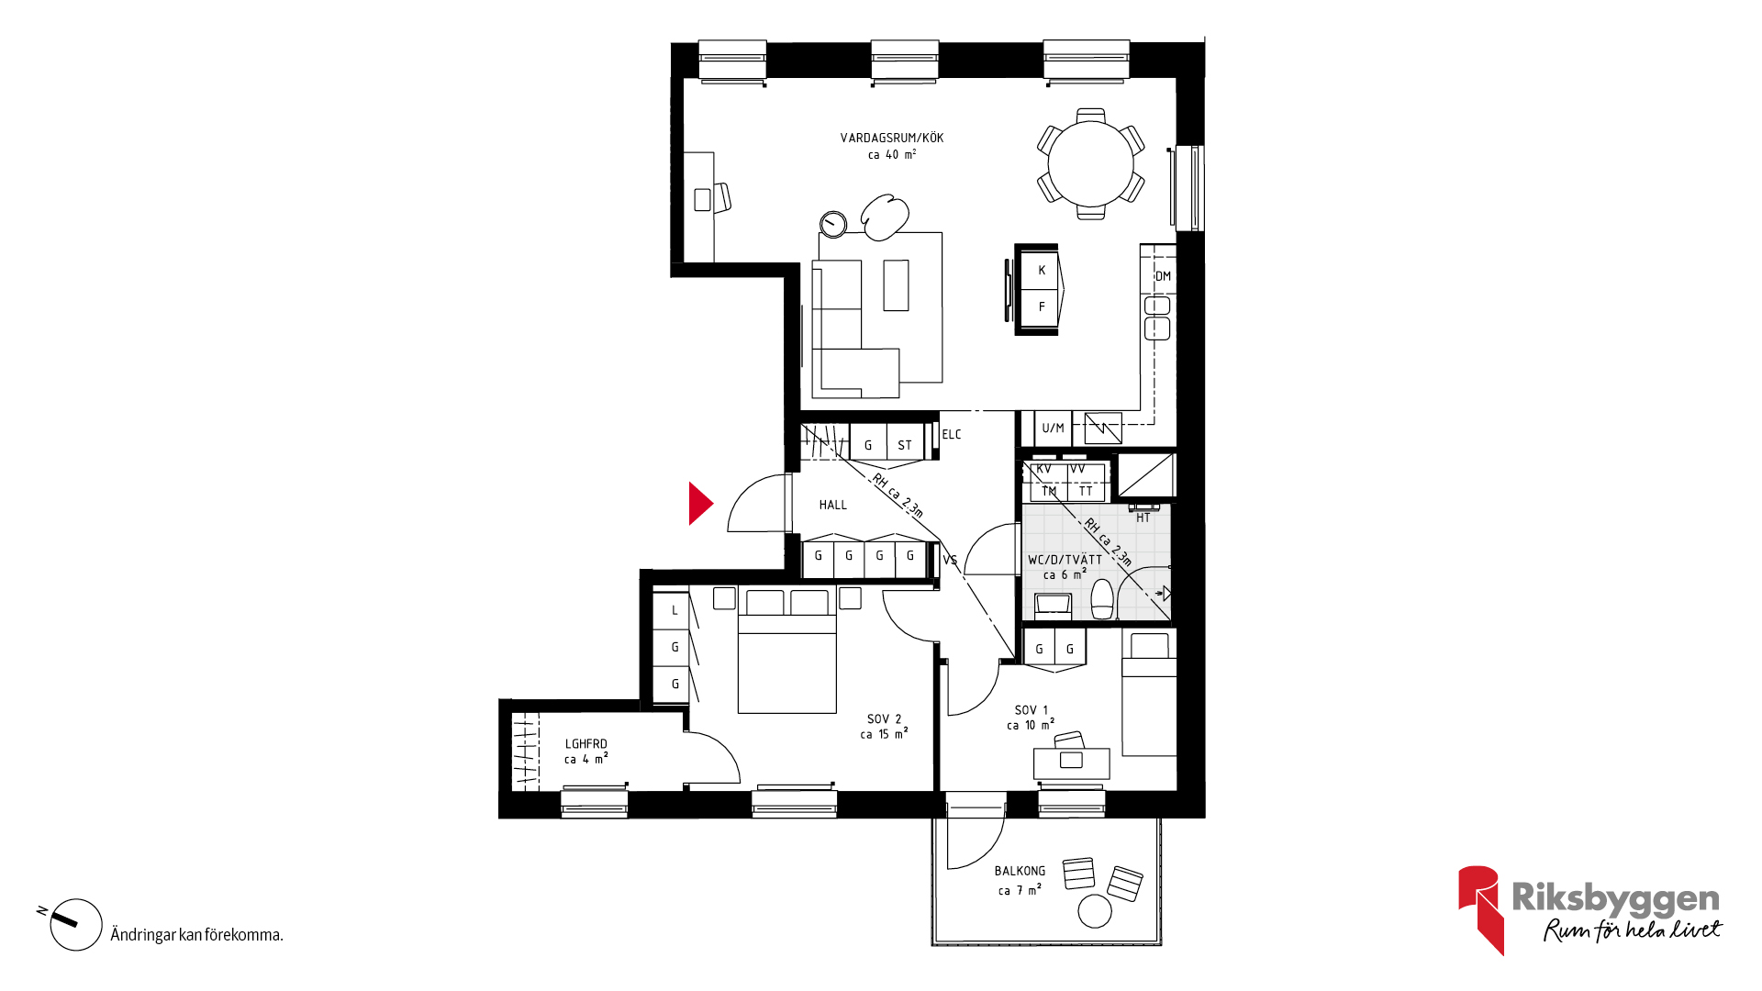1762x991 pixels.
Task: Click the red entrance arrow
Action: pos(700,504)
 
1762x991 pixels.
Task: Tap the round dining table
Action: pos(1091,164)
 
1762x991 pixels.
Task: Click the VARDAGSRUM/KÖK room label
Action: pos(892,139)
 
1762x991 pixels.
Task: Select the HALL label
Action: pos(833,505)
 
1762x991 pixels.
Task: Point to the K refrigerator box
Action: pos(1041,270)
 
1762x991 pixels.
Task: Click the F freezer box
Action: pos(1041,307)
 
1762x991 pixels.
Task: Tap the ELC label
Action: pos(952,435)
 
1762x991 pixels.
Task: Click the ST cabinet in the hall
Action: pos(906,442)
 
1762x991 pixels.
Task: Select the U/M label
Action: pos(1053,429)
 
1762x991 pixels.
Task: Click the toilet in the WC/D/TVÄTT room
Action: pos(1102,599)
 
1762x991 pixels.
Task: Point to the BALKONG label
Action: pos(1020,871)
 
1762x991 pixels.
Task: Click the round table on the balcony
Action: pos(1095,911)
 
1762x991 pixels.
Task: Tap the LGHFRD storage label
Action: pos(585,744)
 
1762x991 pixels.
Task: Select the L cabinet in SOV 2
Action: pos(675,611)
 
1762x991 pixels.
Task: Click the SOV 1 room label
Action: pos(1032,710)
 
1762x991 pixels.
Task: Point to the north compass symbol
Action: pos(75,924)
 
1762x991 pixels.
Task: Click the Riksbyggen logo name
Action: pos(1616,898)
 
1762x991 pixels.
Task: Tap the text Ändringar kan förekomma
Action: pos(196,935)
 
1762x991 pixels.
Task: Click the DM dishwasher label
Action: pos(1163,276)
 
